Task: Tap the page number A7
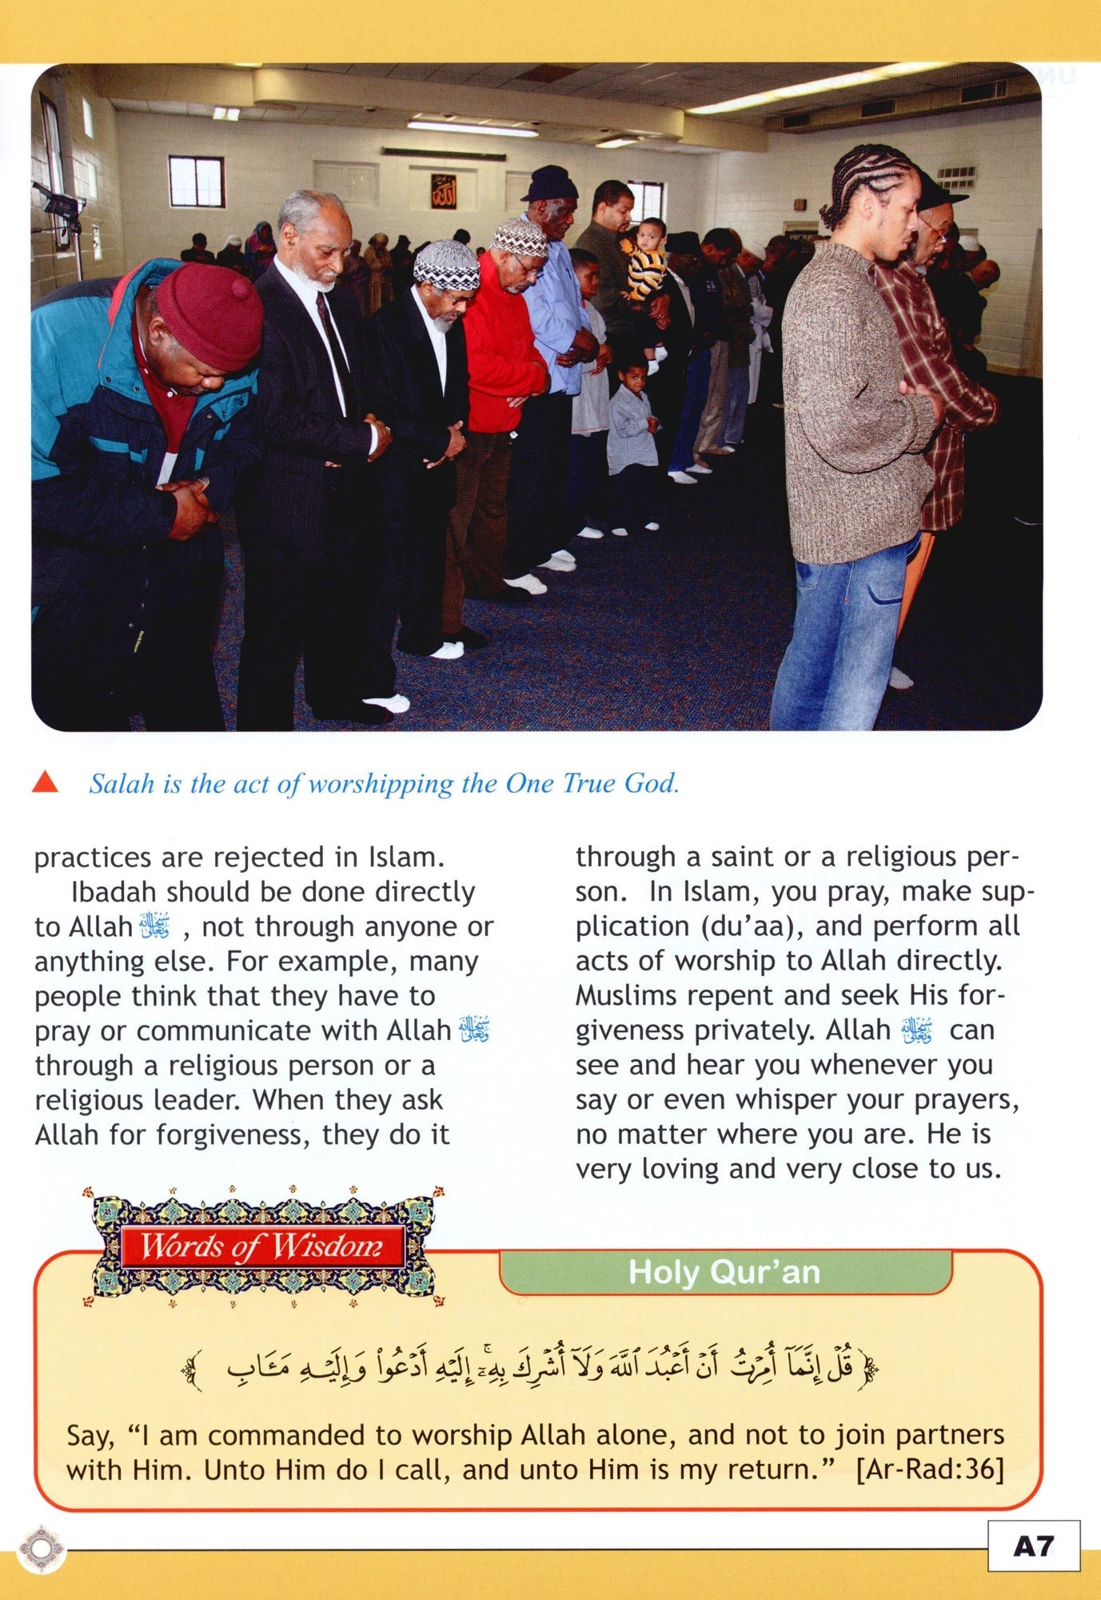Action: (x=1033, y=1546)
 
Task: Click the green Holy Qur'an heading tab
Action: (x=724, y=1272)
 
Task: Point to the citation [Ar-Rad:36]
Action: (x=929, y=1470)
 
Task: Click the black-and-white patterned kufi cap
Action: (x=446, y=266)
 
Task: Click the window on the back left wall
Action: (x=196, y=182)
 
